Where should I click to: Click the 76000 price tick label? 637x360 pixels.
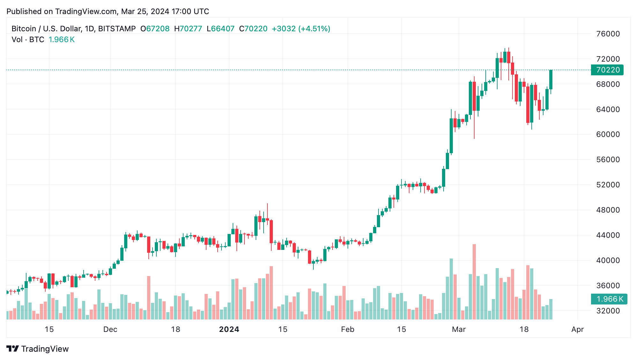[608, 34]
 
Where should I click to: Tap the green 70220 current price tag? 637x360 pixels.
[608, 70]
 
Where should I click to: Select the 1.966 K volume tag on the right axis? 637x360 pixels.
[609, 299]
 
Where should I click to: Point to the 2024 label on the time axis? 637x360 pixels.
[229, 329]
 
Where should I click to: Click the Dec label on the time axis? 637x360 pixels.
[110, 329]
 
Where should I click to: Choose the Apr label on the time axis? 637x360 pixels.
[577, 329]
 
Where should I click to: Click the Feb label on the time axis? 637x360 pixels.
[348, 329]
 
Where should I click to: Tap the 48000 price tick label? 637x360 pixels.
[608, 210]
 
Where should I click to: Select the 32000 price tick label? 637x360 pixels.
[608, 311]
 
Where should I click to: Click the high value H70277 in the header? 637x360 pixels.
[188, 29]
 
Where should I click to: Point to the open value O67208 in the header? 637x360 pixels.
[155, 29]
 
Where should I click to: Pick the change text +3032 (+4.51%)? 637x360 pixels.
[301, 29]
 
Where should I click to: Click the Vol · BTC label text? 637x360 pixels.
[28, 40]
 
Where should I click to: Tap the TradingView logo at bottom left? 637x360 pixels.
[38, 349]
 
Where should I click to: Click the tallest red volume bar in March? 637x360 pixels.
[474, 281]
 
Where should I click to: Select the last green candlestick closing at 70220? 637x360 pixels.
[551, 80]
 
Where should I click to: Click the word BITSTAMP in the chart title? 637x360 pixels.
[117, 29]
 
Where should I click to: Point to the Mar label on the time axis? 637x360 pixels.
[459, 329]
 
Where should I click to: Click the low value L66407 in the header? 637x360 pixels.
[221, 29]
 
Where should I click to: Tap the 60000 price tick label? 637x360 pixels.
[608, 134]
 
